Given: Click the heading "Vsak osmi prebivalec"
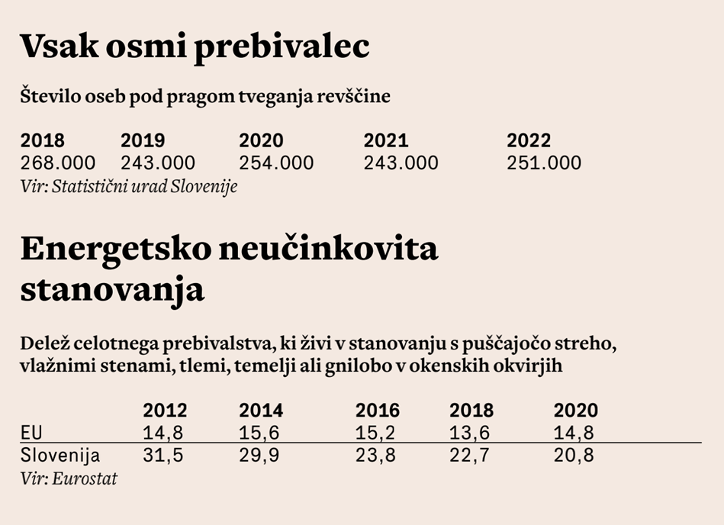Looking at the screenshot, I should tap(195, 47).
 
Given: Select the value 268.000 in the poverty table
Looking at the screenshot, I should tap(58, 163).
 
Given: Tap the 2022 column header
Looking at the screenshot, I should tap(529, 140).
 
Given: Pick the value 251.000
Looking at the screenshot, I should tap(544, 163).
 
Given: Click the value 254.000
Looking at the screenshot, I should tap(276, 163).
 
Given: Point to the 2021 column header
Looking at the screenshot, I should tap(386, 140).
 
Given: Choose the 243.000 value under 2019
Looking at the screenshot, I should tap(158, 163).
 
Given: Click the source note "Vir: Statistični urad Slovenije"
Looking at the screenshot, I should tap(129, 186).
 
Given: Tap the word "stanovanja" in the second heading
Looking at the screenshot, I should tap(112, 290).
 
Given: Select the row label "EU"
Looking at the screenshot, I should tap(31, 433).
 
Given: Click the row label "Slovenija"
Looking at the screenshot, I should tap(60, 456).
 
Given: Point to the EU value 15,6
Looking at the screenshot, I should tap(259, 433).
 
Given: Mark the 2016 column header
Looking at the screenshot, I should tap(378, 411).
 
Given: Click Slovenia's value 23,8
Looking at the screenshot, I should tap(375, 456).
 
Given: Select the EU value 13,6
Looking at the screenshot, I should tap(470, 433).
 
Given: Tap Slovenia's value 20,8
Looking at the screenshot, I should tap(574, 456).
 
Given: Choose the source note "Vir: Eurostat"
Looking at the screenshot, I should tap(69, 479).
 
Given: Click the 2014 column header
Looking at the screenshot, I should tap(261, 411).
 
